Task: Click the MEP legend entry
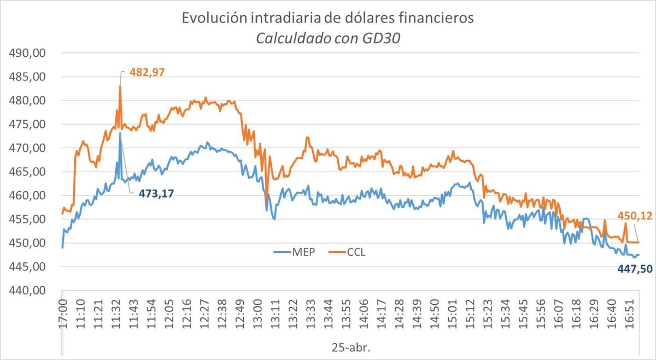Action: point(294,252)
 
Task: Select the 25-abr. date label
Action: point(350,347)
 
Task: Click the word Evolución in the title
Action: point(213,18)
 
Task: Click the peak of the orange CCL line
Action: point(120,86)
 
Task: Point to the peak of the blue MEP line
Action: point(120,133)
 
